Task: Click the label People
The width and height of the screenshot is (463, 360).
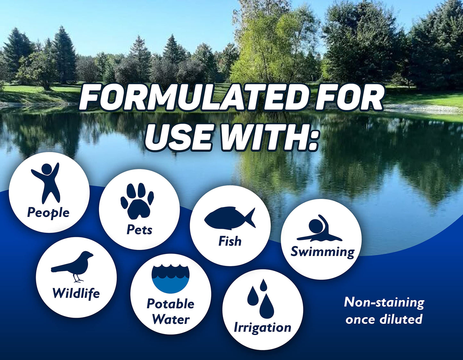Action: coord(48,213)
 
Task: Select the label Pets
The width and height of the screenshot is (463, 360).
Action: coord(139,230)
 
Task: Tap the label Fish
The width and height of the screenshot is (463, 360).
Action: coord(230,241)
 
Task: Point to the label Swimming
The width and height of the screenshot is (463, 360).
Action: coord(322,252)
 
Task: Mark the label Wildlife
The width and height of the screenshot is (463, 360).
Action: coord(76,293)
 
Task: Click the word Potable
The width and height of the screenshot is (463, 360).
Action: coord(170,304)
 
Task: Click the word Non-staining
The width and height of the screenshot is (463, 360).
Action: coord(384,302)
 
